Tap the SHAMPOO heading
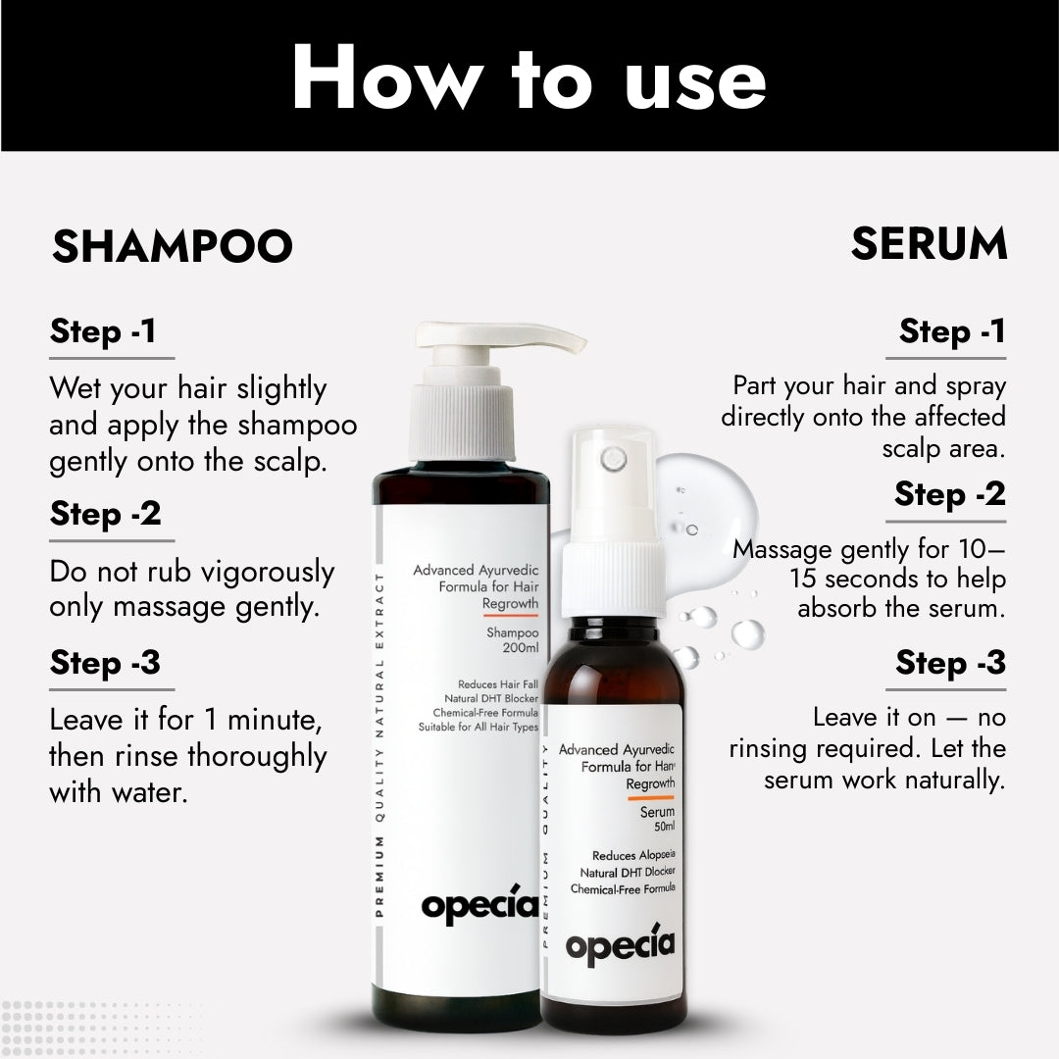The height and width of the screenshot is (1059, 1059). (x=173, y=246)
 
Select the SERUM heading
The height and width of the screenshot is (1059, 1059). (x=929, y=243)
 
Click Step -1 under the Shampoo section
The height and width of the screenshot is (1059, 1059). (x=103, y=331)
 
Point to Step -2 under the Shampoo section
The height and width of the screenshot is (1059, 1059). (x=106, y=514)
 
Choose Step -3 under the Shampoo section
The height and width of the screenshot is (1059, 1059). (x=105, y=663)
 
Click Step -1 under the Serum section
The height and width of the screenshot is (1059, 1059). (x=952, y=331)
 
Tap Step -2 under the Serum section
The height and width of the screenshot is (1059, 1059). (x=949, y=494)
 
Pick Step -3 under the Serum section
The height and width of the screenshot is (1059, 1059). (x=950, y=663)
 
